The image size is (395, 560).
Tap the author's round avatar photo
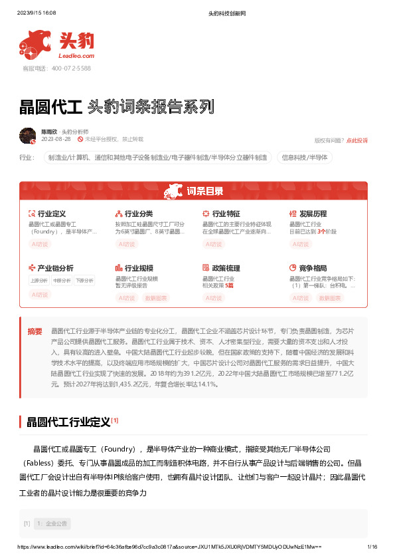(28, 135)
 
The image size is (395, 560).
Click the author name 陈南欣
(49, 132)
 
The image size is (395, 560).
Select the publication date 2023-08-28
(56, 140)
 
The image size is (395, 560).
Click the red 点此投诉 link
(357, 140)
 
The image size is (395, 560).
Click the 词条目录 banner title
(204, 192)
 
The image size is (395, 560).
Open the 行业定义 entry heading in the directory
(51, 214)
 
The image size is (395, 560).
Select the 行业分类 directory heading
(138, 214)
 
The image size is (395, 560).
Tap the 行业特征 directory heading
(225, 214)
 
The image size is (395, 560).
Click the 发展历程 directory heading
(313, 214)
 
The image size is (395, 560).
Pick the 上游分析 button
(39, 281)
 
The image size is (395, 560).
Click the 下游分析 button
(84, 281)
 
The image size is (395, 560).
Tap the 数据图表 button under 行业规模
(156, 298)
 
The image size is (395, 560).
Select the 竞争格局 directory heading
(313, 268)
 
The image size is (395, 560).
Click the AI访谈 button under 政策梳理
(213, 298)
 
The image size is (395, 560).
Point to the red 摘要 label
(35, 331)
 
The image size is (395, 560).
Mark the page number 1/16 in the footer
(372, 546)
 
